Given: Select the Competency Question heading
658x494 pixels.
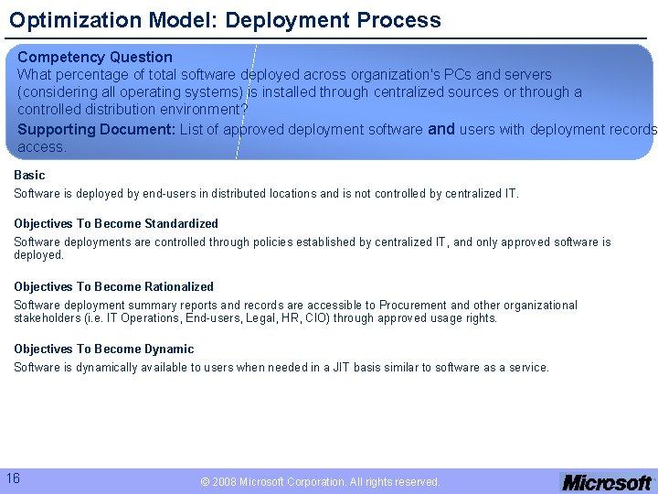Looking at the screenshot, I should [x=95, y=57].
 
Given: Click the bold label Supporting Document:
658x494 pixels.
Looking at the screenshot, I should [x=97, y=129].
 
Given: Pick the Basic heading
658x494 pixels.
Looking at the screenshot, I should [x=29, y=175].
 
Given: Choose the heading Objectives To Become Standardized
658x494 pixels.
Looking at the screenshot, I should [x=116, y=223].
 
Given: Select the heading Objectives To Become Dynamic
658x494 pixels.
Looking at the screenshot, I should [x=103, y=349].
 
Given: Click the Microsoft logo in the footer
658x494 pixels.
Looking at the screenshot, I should [x=607, y=482].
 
